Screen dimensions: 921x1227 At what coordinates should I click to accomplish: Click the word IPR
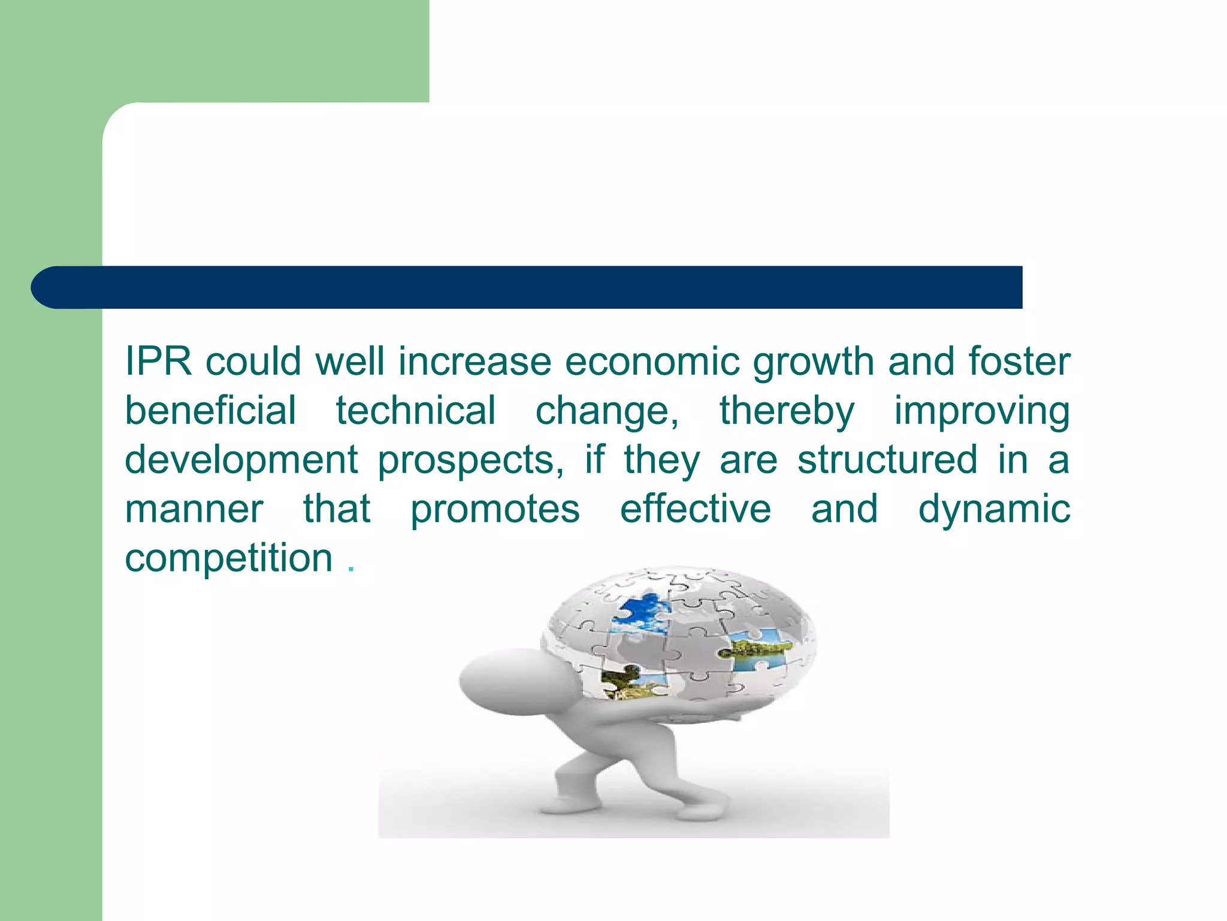[158, 362]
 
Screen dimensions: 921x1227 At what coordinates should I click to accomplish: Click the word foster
[1019, 362]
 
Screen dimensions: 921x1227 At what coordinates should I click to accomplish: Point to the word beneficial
[210, 411]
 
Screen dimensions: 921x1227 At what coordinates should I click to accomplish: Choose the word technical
[415, 411]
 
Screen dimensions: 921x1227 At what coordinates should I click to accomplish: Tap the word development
[241, 461]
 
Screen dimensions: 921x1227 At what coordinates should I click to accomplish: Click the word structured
[887, 460]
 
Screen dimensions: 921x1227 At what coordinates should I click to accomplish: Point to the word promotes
[495, 510]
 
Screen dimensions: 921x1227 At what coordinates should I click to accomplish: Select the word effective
[695, 509]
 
